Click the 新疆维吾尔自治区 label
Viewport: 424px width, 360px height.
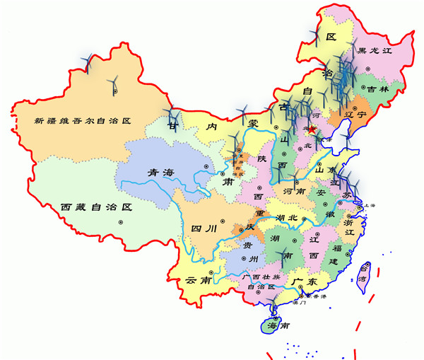pos(83,121)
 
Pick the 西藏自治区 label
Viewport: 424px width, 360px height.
pos(96,207)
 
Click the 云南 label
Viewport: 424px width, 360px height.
pos(199,281)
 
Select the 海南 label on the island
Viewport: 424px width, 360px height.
pos(275,326)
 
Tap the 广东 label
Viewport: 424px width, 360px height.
pos(305,281)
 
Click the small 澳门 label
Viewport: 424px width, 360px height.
pos(298,303)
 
